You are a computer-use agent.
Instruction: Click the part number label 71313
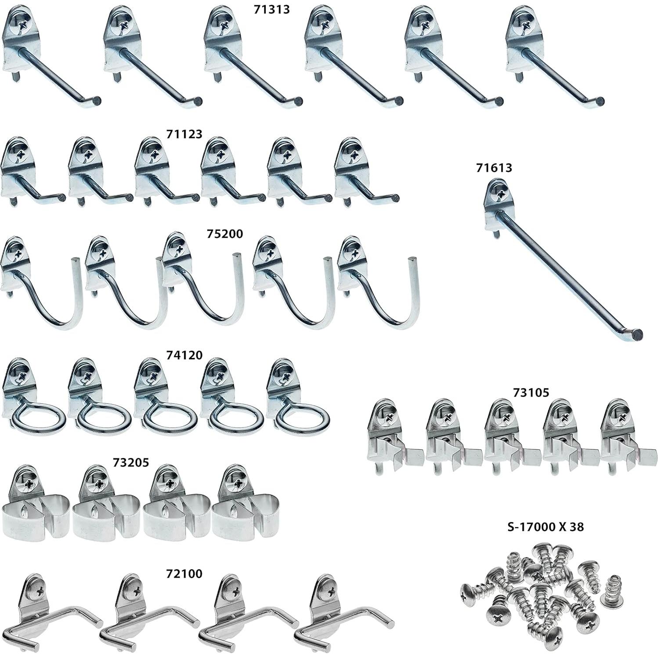point(272,10)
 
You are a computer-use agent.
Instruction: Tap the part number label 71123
point(184,134)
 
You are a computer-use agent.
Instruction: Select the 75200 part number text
point(224,234)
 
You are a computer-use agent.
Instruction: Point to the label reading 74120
point(184,354)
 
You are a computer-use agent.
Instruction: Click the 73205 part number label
point(131,462)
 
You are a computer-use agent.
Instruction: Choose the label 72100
point(184,574)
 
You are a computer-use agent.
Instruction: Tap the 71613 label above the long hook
point(494,167)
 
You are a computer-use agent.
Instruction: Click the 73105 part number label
point(531,392)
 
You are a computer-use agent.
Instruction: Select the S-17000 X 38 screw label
point(546,527)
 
